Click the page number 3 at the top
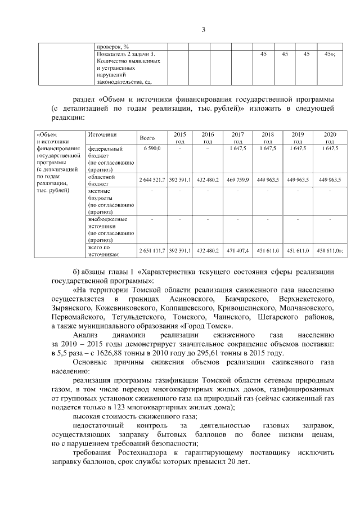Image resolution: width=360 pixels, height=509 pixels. tap(204, 30)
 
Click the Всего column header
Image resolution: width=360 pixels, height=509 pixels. tap(147, 138)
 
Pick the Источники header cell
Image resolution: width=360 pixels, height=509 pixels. tap(102, 135)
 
